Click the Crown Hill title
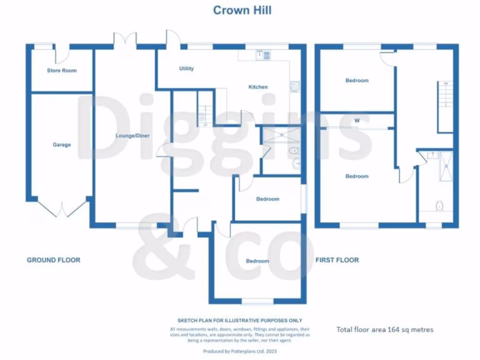[242, 10]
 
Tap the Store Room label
[61, 71]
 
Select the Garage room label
[62, 145]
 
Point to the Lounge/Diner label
[133, 136]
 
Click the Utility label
[186, 69]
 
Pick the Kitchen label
[258, 87]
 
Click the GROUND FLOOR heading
[53, 260]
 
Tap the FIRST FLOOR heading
[337, 260]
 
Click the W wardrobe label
[357, 120]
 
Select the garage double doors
[62, 209]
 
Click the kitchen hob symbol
[295, 86]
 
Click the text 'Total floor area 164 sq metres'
[385, 330]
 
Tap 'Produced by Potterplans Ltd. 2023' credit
[240, 351]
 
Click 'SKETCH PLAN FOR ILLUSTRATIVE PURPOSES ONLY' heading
[240, 321]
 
